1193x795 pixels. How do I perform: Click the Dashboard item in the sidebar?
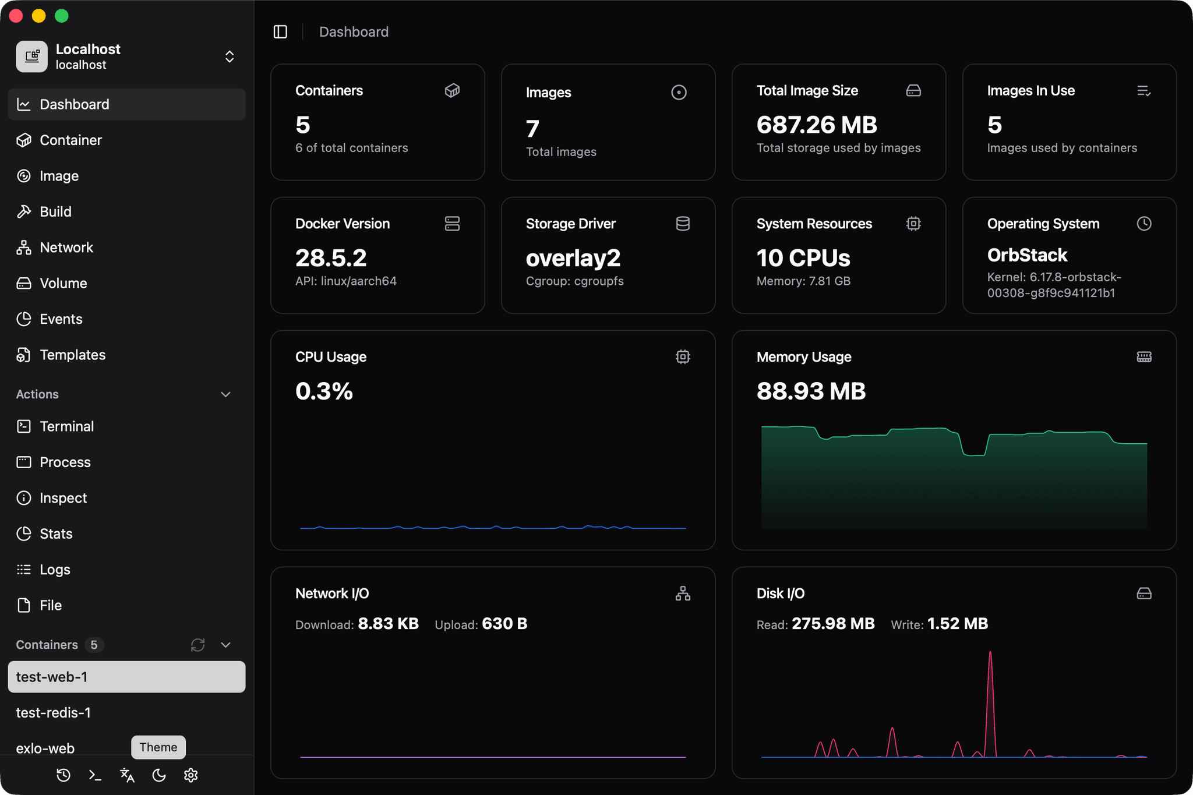pyautogui.click(x=74, y=104)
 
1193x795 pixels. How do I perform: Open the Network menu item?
pyautogui.click(x=66, y=248)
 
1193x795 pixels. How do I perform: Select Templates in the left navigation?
pyautogui.click(x=72, y=355)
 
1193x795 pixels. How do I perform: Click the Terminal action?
pyautogui.click(x=66, y=426)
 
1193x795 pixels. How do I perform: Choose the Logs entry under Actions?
pyautogui.click(x=55, y=570)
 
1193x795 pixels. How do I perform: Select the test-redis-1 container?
pyautogui.click(x=54, y=712)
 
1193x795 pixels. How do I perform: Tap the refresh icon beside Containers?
pyautogui.click(x=197, y=645)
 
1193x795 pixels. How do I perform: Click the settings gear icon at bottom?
pyautogui.click(x=191, y=775)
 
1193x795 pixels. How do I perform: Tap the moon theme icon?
pyautogui.click(x=159, y=775)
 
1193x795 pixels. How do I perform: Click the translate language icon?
pyautogui.click(x=127, y=775)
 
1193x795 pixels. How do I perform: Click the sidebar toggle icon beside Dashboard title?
pyautogui.click(x=280, y=31)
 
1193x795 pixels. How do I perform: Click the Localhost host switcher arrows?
pyautogui.click(x=230, y=56)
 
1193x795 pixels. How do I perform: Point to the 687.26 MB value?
pyautogui.click(x=816, y=125)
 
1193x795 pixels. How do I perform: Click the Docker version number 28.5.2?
pyautogui.click(x=331, y=258)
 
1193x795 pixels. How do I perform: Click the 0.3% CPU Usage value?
pyautogui.click(x=324, y=391)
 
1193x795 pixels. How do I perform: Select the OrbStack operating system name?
pyautogui.click(x=1027, y=255)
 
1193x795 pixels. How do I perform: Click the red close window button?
pyautogui.click(x=16, y=16)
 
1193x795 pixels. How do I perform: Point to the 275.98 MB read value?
pyautogui.click(x=833, y=624)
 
